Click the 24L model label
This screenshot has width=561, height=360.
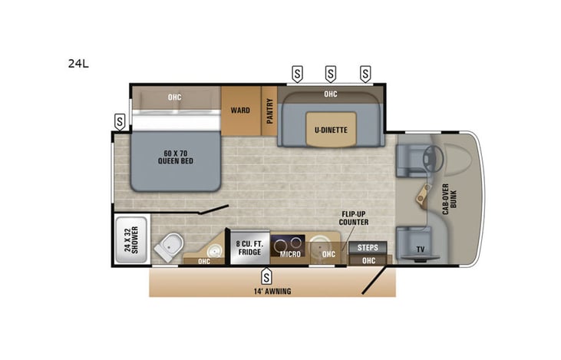[x=78, y=64]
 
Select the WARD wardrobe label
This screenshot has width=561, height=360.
[x=240, y=111]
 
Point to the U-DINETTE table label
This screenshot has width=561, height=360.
[x=331, y=130]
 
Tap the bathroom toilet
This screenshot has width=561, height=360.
[x=169, y=247]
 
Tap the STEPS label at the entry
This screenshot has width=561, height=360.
[x=368, y=247]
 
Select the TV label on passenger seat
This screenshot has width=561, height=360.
[x=420, y=249]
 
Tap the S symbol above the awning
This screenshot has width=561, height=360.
[x=266, y=274]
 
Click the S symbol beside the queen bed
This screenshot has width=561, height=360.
[x=120, y=121]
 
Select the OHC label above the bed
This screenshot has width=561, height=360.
[x=175, y=97]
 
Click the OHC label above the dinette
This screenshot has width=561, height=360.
[x=330, y=94]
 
